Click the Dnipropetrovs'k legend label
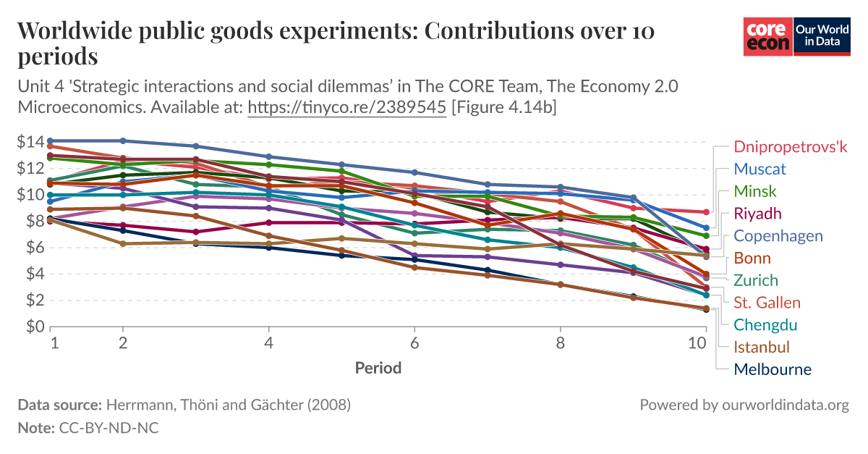(790, 147)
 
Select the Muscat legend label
(759, 169)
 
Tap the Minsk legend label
(755, 192)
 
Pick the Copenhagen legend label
(778, 236)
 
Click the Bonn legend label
(752, 258)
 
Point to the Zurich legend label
(756, 280)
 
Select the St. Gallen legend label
(767, 303)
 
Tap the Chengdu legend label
(765, 325)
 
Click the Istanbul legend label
(762, 347)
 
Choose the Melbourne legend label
(773, 369)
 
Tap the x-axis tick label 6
(414, 343)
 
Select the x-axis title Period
(378, 368)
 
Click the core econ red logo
(768, 37)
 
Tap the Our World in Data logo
(822, 37)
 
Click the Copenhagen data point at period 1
(51, 140)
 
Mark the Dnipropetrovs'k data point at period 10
(705, 212)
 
